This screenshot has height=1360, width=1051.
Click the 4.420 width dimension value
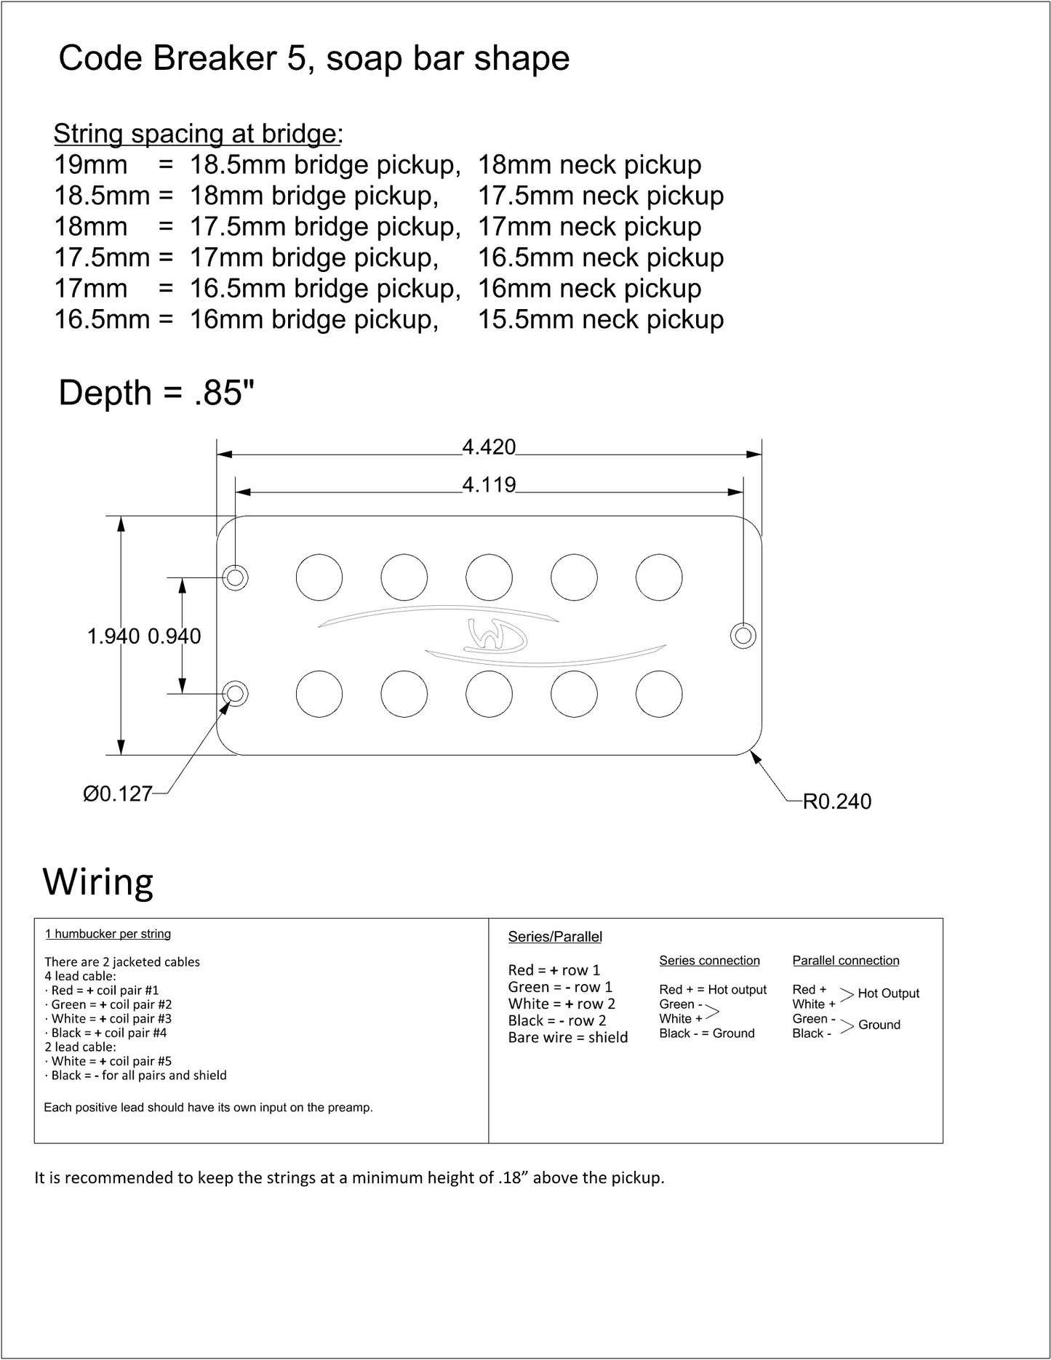[489, 447]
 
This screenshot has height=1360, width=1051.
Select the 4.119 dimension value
[489, 484]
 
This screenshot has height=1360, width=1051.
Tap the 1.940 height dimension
[113, 636]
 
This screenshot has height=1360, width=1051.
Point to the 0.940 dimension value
[175, 636]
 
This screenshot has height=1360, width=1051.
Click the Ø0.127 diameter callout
[118, 793]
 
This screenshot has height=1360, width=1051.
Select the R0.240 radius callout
[836, 801]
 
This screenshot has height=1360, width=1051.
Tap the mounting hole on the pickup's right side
[743, 636]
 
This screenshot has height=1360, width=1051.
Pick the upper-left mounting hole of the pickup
[236, 578]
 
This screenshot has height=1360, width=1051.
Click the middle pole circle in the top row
[489, 577]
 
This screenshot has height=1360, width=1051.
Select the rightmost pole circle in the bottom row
[659, 694]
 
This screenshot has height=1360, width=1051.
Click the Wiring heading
[98, 882]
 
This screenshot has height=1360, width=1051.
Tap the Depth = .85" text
[156, 393]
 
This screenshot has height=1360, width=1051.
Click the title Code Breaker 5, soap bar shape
[314, 58]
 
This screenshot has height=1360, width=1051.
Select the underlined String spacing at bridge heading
[196, 134]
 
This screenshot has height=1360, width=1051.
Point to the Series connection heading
[709, 961]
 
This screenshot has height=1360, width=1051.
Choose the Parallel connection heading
[846, 961]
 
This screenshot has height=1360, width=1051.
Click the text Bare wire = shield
[568, 1037]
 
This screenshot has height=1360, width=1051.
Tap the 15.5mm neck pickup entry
[601, 319]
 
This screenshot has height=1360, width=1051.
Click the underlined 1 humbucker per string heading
[108, 934]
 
